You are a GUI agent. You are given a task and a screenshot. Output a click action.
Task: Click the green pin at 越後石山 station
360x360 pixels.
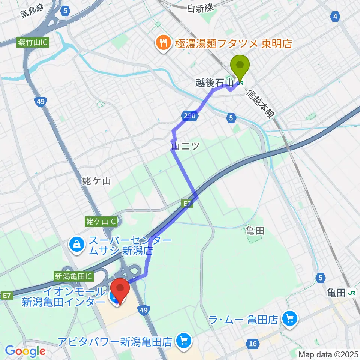241,66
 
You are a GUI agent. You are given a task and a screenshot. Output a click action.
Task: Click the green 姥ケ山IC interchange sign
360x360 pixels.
100,221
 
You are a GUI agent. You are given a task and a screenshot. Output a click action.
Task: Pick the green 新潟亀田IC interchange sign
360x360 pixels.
73,276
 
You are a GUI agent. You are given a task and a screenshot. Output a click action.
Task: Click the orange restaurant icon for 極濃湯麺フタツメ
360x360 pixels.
162,43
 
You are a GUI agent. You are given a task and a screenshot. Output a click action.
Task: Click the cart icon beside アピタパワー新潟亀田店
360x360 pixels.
183,341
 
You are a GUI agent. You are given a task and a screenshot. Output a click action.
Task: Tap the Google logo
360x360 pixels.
25,351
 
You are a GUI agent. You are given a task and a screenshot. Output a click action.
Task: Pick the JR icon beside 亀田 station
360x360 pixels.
352,293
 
